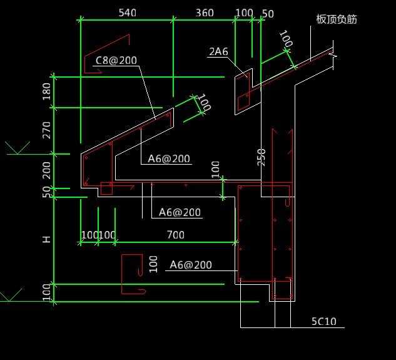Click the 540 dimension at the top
(127, 13)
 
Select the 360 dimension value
(205, 13)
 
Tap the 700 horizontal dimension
(176, 235)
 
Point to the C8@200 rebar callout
(116, 60)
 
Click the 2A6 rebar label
(218, 51)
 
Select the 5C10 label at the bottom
(324, 321)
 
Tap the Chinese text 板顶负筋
(337, 19)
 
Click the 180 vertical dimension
(47, 91)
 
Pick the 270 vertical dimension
(47, 130)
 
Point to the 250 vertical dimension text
(261, 157)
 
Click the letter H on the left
(46, 239)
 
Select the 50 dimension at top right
(268, 14)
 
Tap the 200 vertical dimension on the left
(47, 170)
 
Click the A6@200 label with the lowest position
(191, 265)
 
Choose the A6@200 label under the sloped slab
(169, 158)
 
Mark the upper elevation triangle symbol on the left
(18, 148)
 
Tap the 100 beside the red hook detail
(153, 264)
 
